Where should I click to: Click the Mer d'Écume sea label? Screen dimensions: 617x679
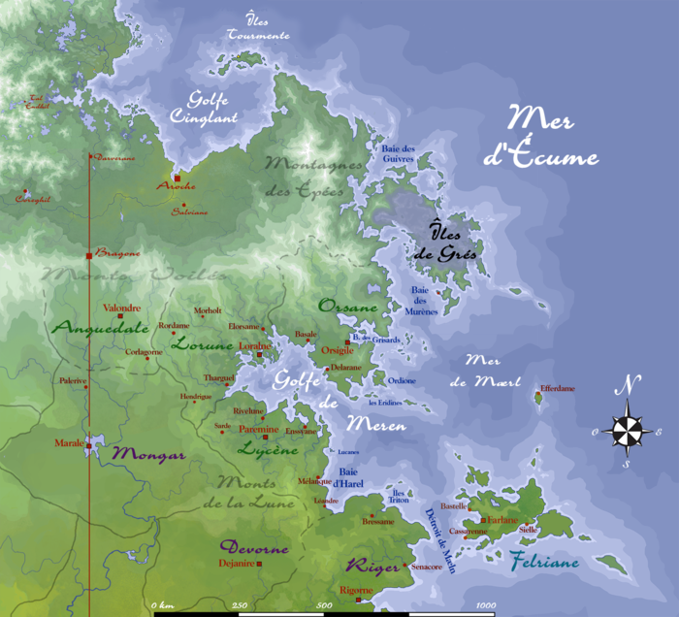(553, 138)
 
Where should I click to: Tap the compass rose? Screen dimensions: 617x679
(629, 429)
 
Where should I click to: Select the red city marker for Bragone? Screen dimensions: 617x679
(89, 255)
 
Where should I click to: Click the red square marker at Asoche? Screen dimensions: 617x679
(178, 179)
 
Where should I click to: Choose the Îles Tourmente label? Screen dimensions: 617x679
(257, 28)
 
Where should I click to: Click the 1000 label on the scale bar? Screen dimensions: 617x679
(484, 606)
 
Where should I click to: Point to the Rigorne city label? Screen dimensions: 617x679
(357, 590)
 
